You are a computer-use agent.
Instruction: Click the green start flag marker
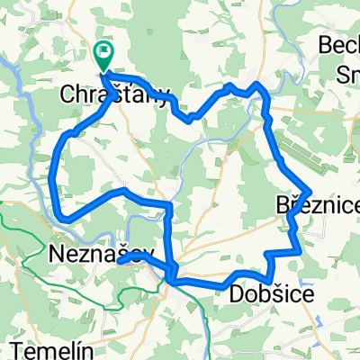tap(104, 56)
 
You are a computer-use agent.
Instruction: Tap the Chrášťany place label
tap(114, 94)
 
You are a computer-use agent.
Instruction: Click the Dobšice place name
tap(273, 294)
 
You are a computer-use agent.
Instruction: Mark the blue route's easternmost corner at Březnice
tap(310, 192)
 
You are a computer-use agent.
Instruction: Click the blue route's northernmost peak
tap(259, 84)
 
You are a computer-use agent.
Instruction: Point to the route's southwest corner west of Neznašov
tap(60, 216)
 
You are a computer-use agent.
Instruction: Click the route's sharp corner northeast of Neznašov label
tap(168, 205)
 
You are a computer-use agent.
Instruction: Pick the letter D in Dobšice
tap(237, 294)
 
